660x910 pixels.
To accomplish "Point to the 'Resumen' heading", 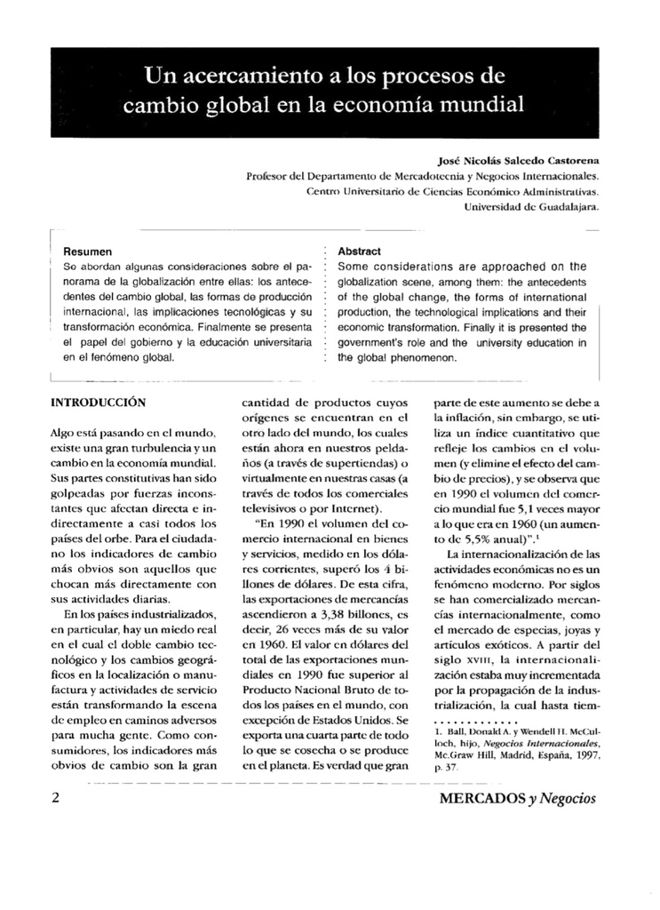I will [x=88, y=251].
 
